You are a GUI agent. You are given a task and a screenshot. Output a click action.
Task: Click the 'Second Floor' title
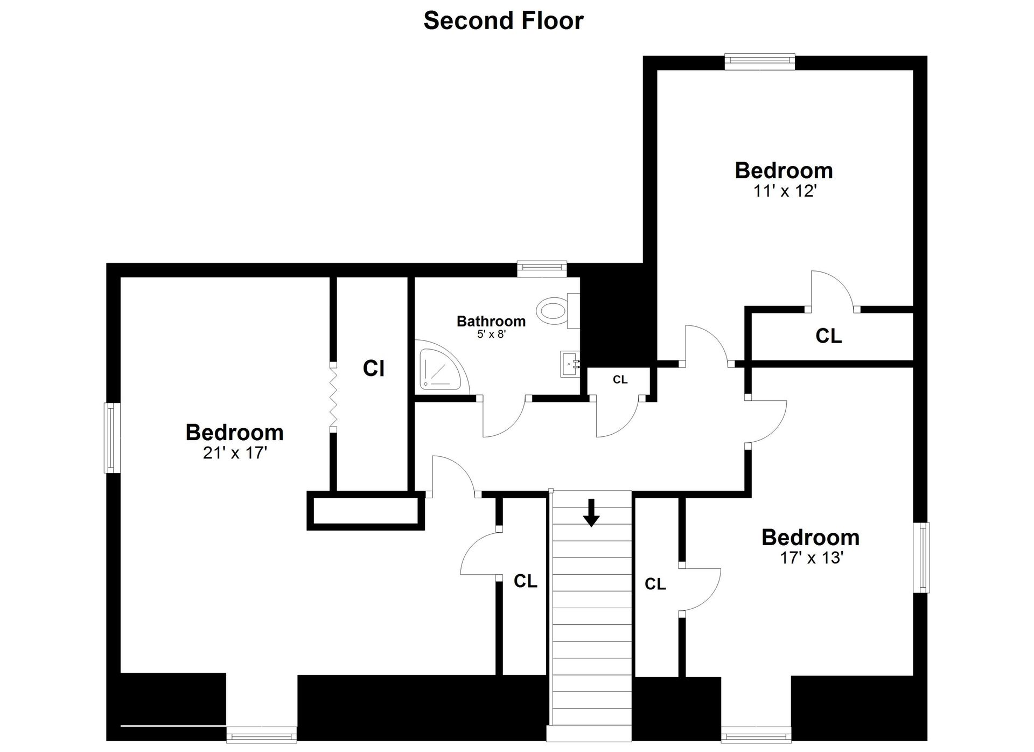coord(504,20)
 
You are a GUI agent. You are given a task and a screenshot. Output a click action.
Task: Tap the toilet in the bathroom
coord(554,311)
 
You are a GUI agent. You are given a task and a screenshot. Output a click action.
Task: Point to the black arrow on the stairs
coord(591,512)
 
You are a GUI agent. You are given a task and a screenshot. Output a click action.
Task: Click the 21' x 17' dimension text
coord(235,453)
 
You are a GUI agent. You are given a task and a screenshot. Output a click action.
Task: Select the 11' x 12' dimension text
coord(785,191)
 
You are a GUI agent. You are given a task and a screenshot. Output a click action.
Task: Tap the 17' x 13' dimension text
coord(811,558)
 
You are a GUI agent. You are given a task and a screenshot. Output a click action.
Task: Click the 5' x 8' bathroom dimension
coord(491,334)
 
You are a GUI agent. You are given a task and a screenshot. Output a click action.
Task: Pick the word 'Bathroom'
coord(491,321)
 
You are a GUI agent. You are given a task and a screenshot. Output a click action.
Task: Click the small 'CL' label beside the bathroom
coord(620,380)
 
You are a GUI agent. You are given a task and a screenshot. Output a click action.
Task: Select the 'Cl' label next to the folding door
coord(373,368)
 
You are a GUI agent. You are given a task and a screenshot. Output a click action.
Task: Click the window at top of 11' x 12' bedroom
coord(759,61)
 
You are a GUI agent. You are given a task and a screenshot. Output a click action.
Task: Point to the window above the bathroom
coord(542,268)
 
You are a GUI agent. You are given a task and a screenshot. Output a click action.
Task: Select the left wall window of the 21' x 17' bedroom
coord(111,437)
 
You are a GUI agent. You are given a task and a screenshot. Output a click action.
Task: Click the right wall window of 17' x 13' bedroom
coord(923,558)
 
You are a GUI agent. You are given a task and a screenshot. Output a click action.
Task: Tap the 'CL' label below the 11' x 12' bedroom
coord(828,336)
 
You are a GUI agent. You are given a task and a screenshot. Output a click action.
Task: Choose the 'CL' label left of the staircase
coord(525,581)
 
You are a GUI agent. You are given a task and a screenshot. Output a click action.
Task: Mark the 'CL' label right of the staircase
coord(655,583)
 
